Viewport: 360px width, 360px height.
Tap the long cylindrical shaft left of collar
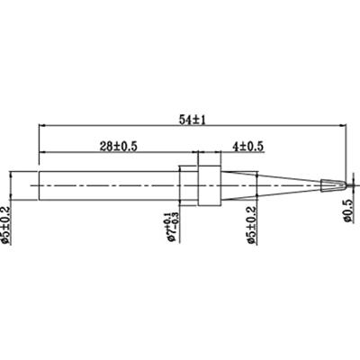[108, 184]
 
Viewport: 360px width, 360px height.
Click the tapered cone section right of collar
[270, 184]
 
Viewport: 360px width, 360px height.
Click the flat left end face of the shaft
[38, 184]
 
